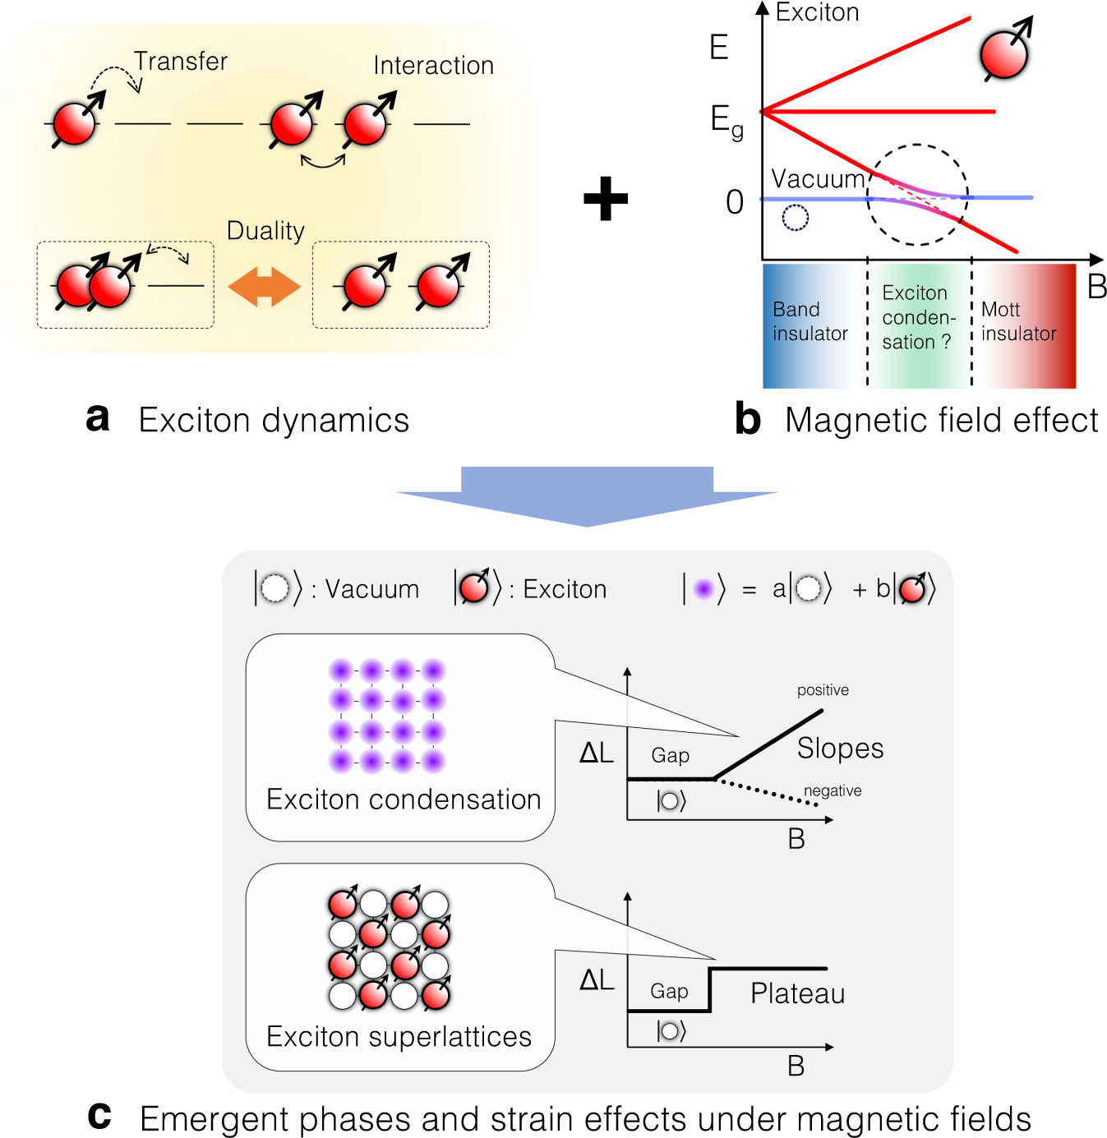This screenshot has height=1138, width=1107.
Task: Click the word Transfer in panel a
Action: click(x=181, y=62)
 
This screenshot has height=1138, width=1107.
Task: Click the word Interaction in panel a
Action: click(x=433, y=66)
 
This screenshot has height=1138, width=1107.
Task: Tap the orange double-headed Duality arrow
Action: click(x=264, y=287)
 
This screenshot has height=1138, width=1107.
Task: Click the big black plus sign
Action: click(x=606, y=199)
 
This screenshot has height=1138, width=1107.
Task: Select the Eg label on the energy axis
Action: click(x=726, y=122)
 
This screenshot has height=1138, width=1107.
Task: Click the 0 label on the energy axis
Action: click(x=735, y=202)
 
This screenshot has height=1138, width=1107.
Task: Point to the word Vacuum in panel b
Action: click(x=818, y=179)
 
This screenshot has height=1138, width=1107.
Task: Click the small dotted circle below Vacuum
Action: click(x=795, y=218)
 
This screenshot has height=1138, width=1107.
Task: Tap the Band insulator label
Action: click(x=809, y=321)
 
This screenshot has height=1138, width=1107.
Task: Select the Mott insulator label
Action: click(x=1018, y=321)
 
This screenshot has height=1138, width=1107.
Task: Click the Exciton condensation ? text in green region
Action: click(x=918, y=318)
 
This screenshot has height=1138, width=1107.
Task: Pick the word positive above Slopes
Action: click(x=823, y=690)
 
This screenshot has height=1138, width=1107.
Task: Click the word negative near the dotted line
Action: click(x=833, y=790)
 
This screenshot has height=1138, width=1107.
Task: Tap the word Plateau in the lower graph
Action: click(x=797, y=993)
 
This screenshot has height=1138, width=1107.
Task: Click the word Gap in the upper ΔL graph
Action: click(x=670, y=755)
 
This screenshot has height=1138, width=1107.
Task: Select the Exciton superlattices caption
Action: click(x=399, y=1037)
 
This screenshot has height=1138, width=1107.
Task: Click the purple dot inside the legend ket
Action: click(x=703, y=589)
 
